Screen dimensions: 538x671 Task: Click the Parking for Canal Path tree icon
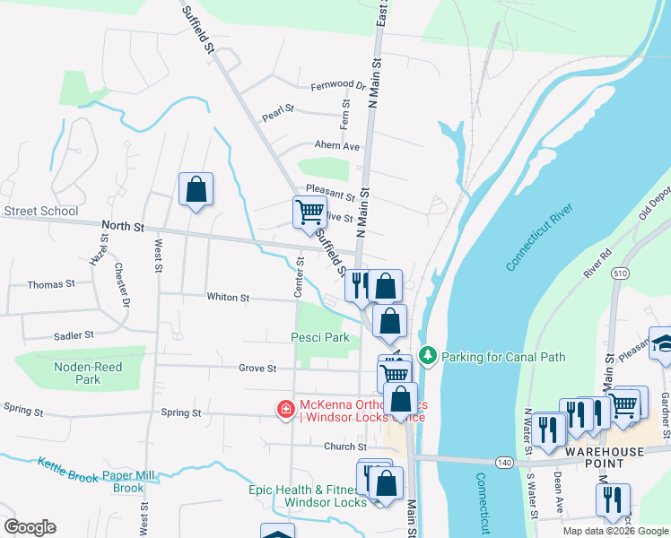coord(429,356)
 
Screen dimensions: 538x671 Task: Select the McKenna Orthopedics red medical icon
coord(285,410)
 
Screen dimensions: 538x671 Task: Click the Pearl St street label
coord(278,116)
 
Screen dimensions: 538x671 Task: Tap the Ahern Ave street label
coord(336,145)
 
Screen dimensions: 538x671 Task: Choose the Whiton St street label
coord(228,297)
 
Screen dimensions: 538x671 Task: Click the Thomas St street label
coord(51,284)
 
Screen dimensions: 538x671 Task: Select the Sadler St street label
coord(74,334)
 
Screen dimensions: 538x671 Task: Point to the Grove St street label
coord(257,368)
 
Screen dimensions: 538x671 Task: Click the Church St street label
coord(345,447)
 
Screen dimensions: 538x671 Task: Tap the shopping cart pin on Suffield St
coord(309,212)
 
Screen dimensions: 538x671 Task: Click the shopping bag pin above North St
coord(196,189)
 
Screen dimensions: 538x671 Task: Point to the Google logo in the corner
coord(30,527)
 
